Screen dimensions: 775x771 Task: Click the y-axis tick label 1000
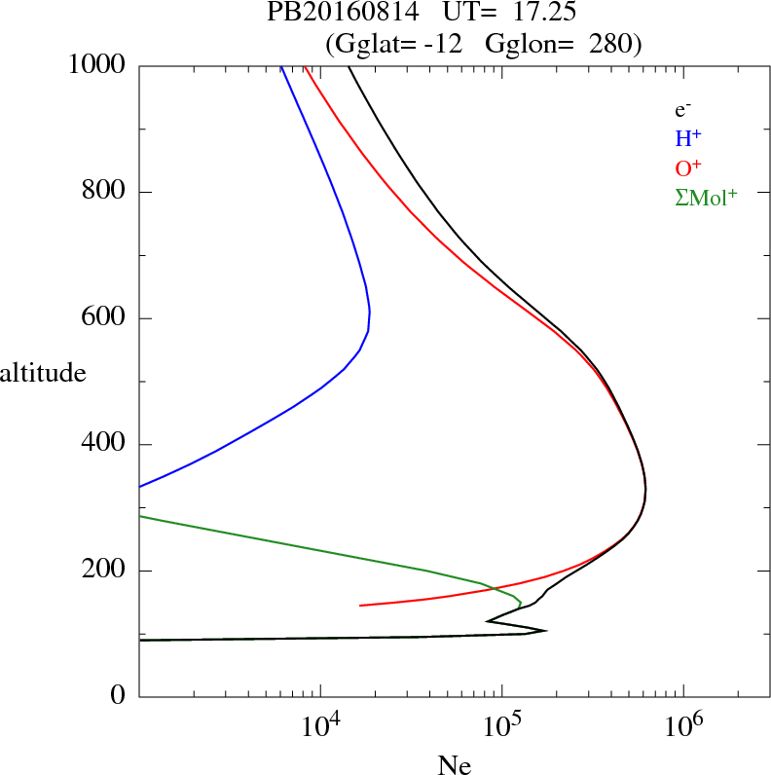(x=97, y=66)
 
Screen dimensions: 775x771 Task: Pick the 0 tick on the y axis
(x=120, y=697)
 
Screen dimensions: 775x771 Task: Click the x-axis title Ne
(x=455, y=765)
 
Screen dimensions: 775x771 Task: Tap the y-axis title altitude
(x=43, y=372)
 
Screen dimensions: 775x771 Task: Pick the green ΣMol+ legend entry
(x=706, y=197)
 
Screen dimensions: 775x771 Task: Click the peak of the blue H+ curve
(x=370, y=312)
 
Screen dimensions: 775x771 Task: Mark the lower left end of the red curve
(x=360, y=606)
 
